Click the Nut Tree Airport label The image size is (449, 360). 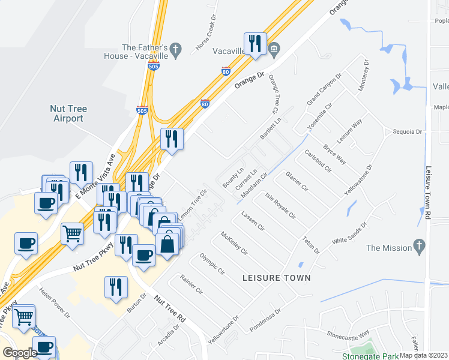pos(68,113)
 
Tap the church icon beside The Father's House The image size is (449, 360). pos(176,51)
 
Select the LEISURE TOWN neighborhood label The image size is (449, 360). pos(277,278)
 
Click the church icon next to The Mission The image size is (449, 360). pos(419,247)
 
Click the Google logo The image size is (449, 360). pos(19,353)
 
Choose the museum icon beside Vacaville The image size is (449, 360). pos(274,49)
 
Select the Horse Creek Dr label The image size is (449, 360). pos(205,38)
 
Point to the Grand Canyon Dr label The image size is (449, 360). pos(324,90)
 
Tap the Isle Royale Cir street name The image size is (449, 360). pos(281,206)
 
